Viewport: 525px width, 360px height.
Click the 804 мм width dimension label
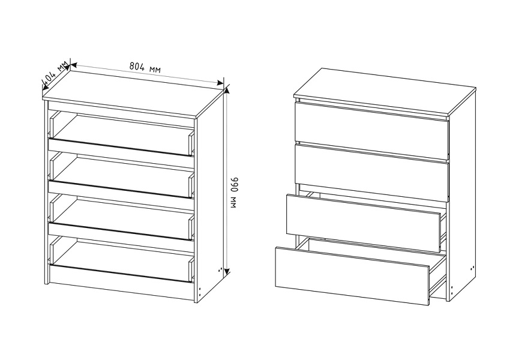[x=145, y=68]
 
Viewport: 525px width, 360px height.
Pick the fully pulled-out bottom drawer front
[x=353, y=276]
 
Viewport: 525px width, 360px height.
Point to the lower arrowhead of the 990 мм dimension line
[x=227, y=271]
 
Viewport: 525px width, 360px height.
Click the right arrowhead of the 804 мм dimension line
[x=220, y=83]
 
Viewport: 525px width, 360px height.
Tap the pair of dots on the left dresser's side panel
[x=220, y=269]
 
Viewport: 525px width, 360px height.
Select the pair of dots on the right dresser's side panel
[x=472, y=268]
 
